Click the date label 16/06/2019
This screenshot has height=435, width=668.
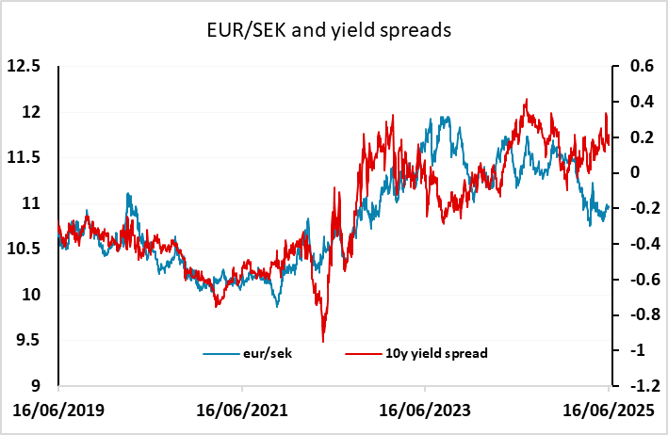coord(59,411)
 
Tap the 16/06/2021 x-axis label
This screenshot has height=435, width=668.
coord(242,411)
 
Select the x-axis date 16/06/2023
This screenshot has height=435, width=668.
coord(425,411)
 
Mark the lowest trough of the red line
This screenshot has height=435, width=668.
coord(323,341)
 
